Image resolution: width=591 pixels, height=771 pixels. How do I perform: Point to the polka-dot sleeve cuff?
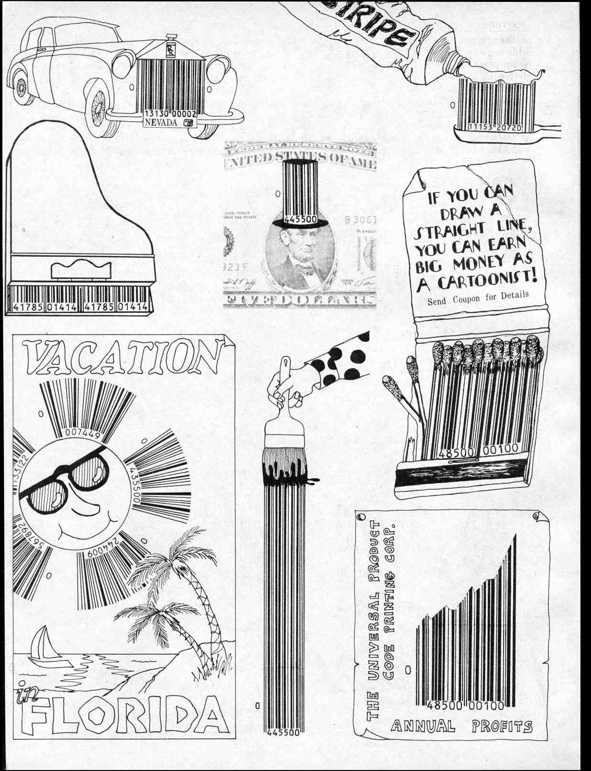pyautogui.click(x=347, y=359)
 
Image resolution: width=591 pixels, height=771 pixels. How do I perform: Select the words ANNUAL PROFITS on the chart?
pyautogui.click(x=461, y=727)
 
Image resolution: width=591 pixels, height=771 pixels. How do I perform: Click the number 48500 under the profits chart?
pyautogui.click(x=445, y=705)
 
